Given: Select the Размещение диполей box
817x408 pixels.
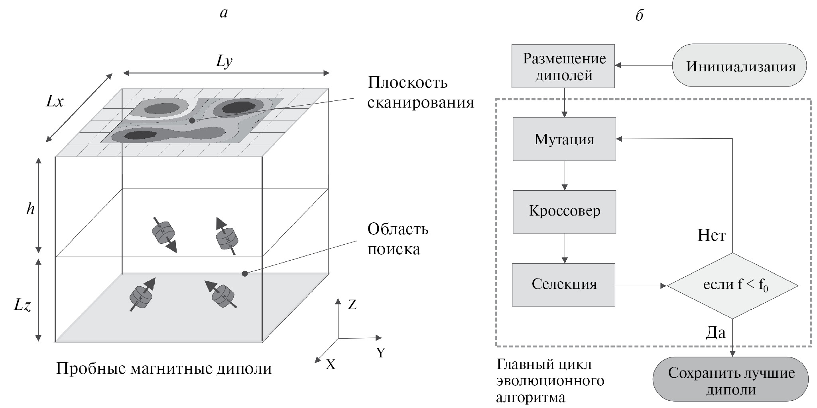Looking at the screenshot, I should (563, 66).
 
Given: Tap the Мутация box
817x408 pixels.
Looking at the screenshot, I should (564, 139).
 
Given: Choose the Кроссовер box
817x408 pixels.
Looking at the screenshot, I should (564, 211).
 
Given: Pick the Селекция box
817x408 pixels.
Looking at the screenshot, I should (563, 284).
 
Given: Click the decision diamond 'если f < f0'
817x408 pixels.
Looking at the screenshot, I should (732, 285).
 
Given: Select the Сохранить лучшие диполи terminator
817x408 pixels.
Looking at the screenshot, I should (731, 380).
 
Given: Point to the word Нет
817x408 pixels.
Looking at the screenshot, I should (711, 235).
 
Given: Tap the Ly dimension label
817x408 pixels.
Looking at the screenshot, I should (224, 61).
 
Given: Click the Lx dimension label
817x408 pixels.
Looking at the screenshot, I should (55, 102).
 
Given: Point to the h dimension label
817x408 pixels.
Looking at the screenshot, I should (31, 208).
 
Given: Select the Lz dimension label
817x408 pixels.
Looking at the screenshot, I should (23, 306).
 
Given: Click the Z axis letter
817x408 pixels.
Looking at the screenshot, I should (352, 305).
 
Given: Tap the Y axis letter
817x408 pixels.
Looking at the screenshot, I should (381, 353).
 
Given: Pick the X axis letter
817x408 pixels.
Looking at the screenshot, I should (331, 364).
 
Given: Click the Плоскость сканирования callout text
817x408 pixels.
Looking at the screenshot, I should (420, 92).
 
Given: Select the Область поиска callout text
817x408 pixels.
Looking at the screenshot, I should (398, 239).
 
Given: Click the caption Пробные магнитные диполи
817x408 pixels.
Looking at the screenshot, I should (164, 369).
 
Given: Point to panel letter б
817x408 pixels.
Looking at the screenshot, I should (639, 15).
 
